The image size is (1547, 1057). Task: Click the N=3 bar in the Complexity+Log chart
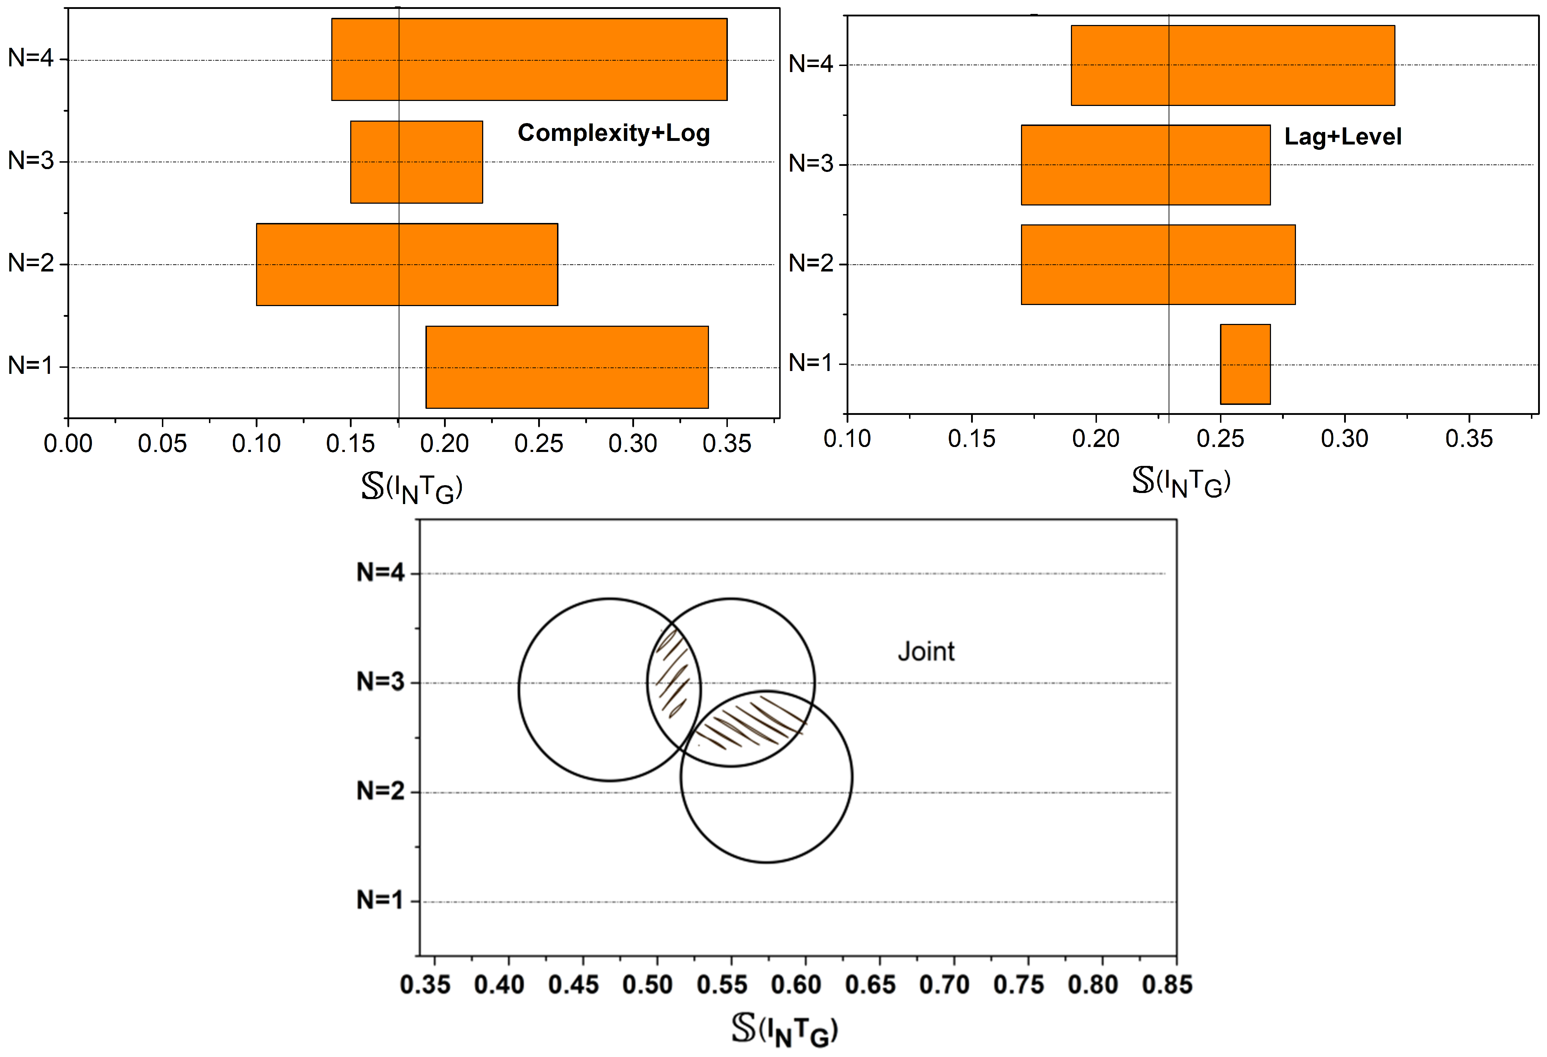(x=416, y=162)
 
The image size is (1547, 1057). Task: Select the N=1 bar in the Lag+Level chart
(x=1245, y=364)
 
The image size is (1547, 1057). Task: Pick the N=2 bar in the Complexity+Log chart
(x=407, y=264)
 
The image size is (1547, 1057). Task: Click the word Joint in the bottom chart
(x=925, y=651)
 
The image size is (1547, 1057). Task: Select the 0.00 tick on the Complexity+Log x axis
(x=68, y=443)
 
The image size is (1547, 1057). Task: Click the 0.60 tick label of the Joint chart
(x=796, y=984)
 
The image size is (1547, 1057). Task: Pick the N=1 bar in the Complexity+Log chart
(x=566, y=367)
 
